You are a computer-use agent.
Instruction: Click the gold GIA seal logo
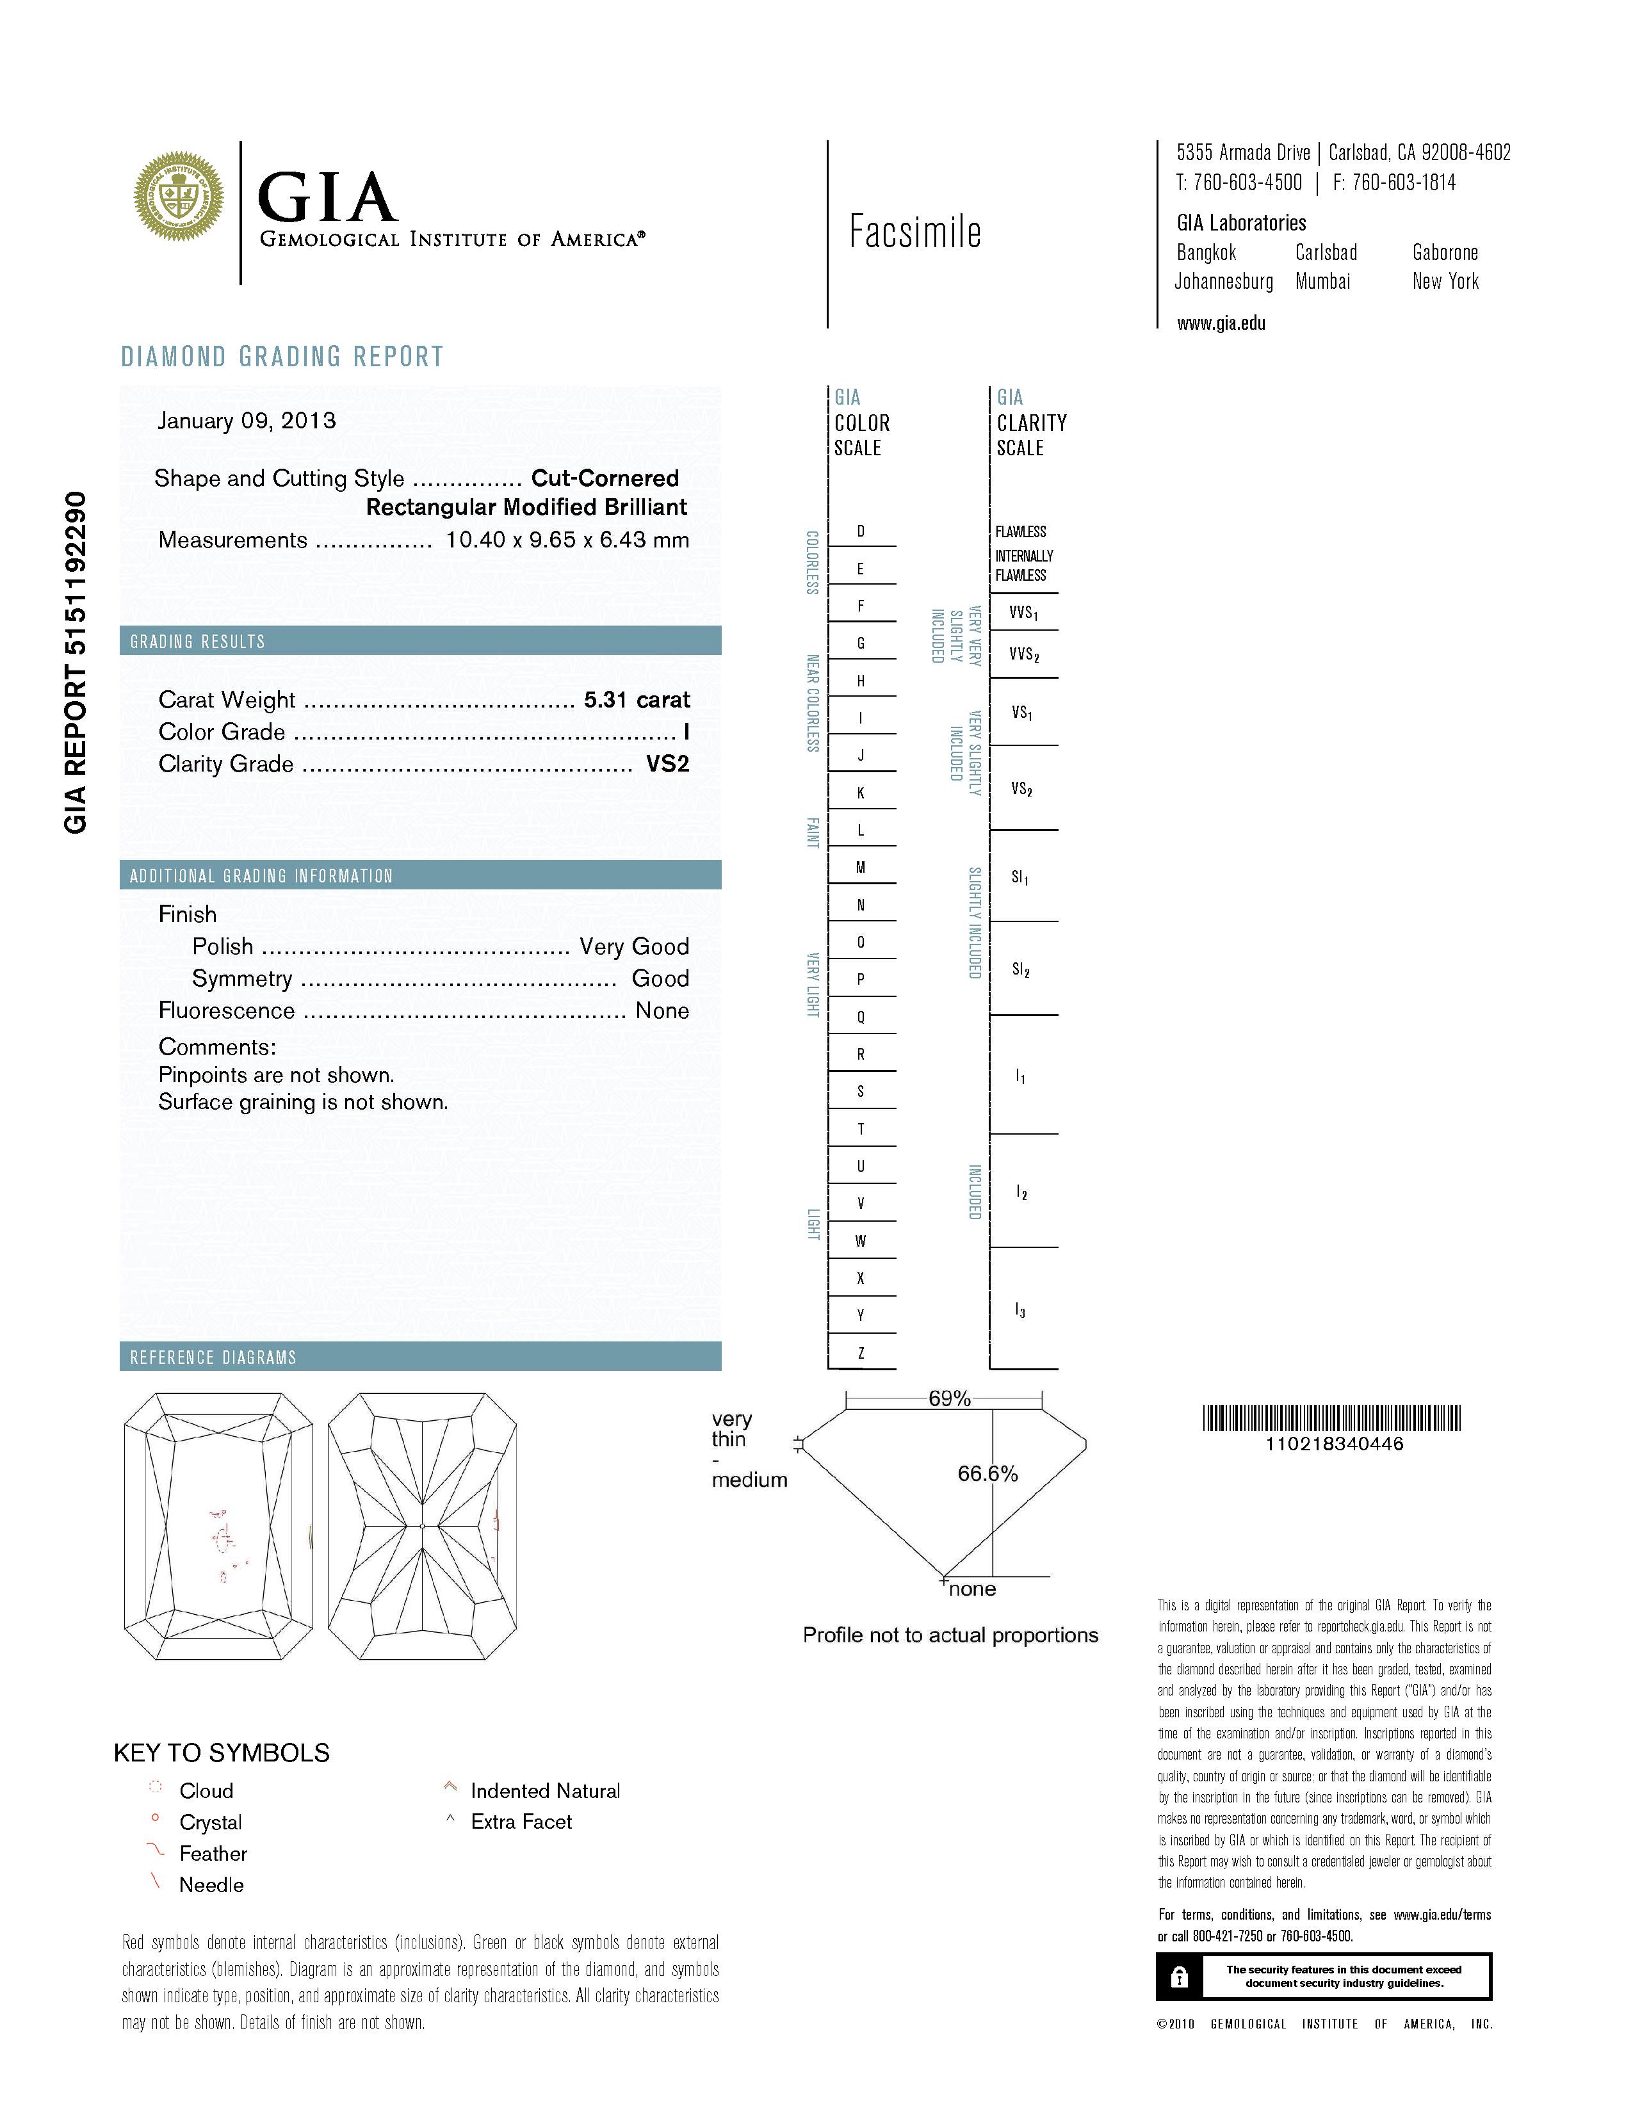[179, 197]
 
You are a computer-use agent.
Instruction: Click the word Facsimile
[914, 232]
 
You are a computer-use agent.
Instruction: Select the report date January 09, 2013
[247, 421]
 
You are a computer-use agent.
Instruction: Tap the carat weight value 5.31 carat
[637, 699]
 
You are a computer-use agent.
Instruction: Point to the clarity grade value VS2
[667, 765]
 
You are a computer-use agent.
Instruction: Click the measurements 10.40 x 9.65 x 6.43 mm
[567, 540]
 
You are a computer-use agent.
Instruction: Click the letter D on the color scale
[860, 531]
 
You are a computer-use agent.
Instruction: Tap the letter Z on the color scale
[860, 1352]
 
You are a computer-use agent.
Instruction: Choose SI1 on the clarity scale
[1020, 877]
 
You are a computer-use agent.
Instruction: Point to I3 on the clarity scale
[1020, 1310]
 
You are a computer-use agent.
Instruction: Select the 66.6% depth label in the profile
[987, 1473]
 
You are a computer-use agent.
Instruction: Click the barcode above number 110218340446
[1332, 1418]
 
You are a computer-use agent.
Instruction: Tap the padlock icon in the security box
[1178, 1977]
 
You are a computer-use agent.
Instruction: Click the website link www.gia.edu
[1221, 323]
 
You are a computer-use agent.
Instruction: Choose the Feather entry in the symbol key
[213, 1854]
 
